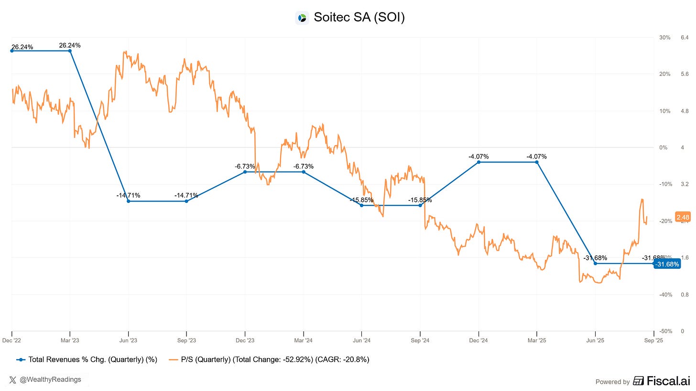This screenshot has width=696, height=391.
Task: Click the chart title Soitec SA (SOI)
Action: click(359, 18)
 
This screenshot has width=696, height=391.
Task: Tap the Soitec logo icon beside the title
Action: click(302, 18)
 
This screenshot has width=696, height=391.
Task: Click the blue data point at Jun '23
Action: click(128, 201)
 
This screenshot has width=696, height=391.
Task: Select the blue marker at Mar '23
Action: click(70, 51)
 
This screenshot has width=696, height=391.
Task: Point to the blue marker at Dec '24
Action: click(478, 162)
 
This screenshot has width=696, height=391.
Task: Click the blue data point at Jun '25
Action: click(595, 264)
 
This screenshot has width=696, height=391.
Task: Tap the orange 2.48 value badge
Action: click(683, 217)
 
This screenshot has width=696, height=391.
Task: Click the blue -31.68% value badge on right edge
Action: click(667, 264)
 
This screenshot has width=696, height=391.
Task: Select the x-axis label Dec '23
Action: click(245, 340)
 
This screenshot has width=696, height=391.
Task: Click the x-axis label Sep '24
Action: click(420, 340)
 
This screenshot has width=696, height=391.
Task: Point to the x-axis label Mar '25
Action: click(536, 340)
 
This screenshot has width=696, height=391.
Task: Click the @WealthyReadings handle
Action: click(50, 380)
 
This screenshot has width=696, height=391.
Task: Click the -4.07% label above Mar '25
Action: click(536, 156)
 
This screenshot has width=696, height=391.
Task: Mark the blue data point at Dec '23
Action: click(245, 172)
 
